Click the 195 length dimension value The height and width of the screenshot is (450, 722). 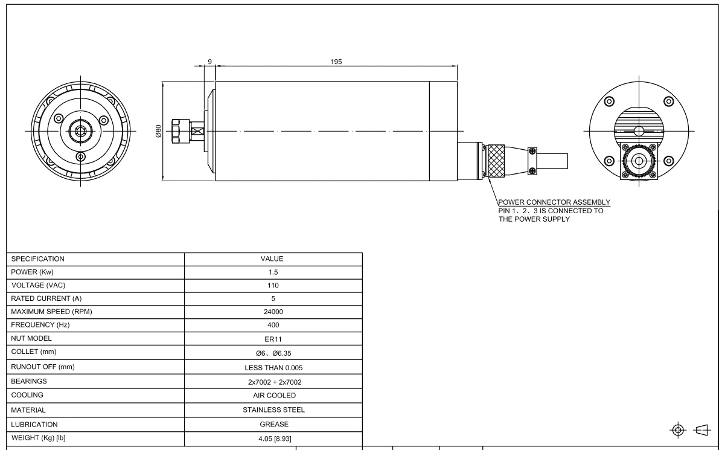pyautogui.click(x=336, y=62)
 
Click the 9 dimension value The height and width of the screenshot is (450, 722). pyautogui.click(x=209, y=62)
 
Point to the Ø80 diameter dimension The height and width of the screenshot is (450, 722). pyautogui.click(x=158, y=131)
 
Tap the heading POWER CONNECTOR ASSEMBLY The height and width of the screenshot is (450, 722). pyautogui.click(x=554, y=202)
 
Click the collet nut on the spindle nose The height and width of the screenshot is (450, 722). pyautogui.click(x=180, y=131)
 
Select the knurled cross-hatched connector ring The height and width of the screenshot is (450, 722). pyautogui.click(x=496, y=161)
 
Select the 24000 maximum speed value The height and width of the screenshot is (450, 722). pyautogui.click(x=273, y=312)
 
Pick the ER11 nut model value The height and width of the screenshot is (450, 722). pyautogui.click(x=273, y=339)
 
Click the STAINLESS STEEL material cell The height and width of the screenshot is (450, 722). pyautogui.click(x=273, y=410)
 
